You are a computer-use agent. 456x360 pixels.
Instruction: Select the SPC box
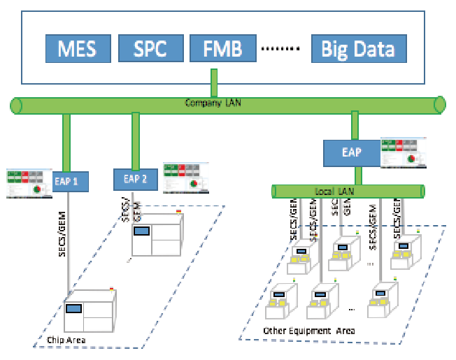150,48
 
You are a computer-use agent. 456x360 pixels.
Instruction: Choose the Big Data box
357,48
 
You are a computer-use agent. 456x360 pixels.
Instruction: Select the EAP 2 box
136,178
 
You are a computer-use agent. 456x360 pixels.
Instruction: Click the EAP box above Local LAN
352,152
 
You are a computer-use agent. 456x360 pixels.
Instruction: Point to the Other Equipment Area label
308,331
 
